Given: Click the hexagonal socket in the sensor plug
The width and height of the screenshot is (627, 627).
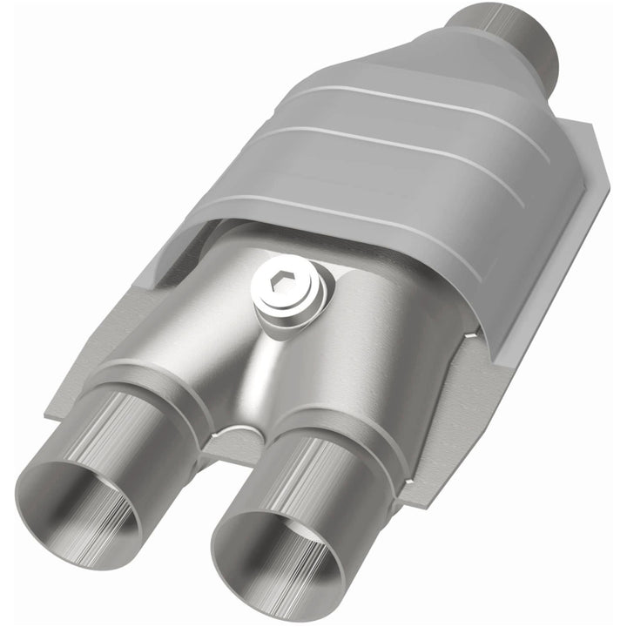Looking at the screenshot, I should (278, 285).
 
